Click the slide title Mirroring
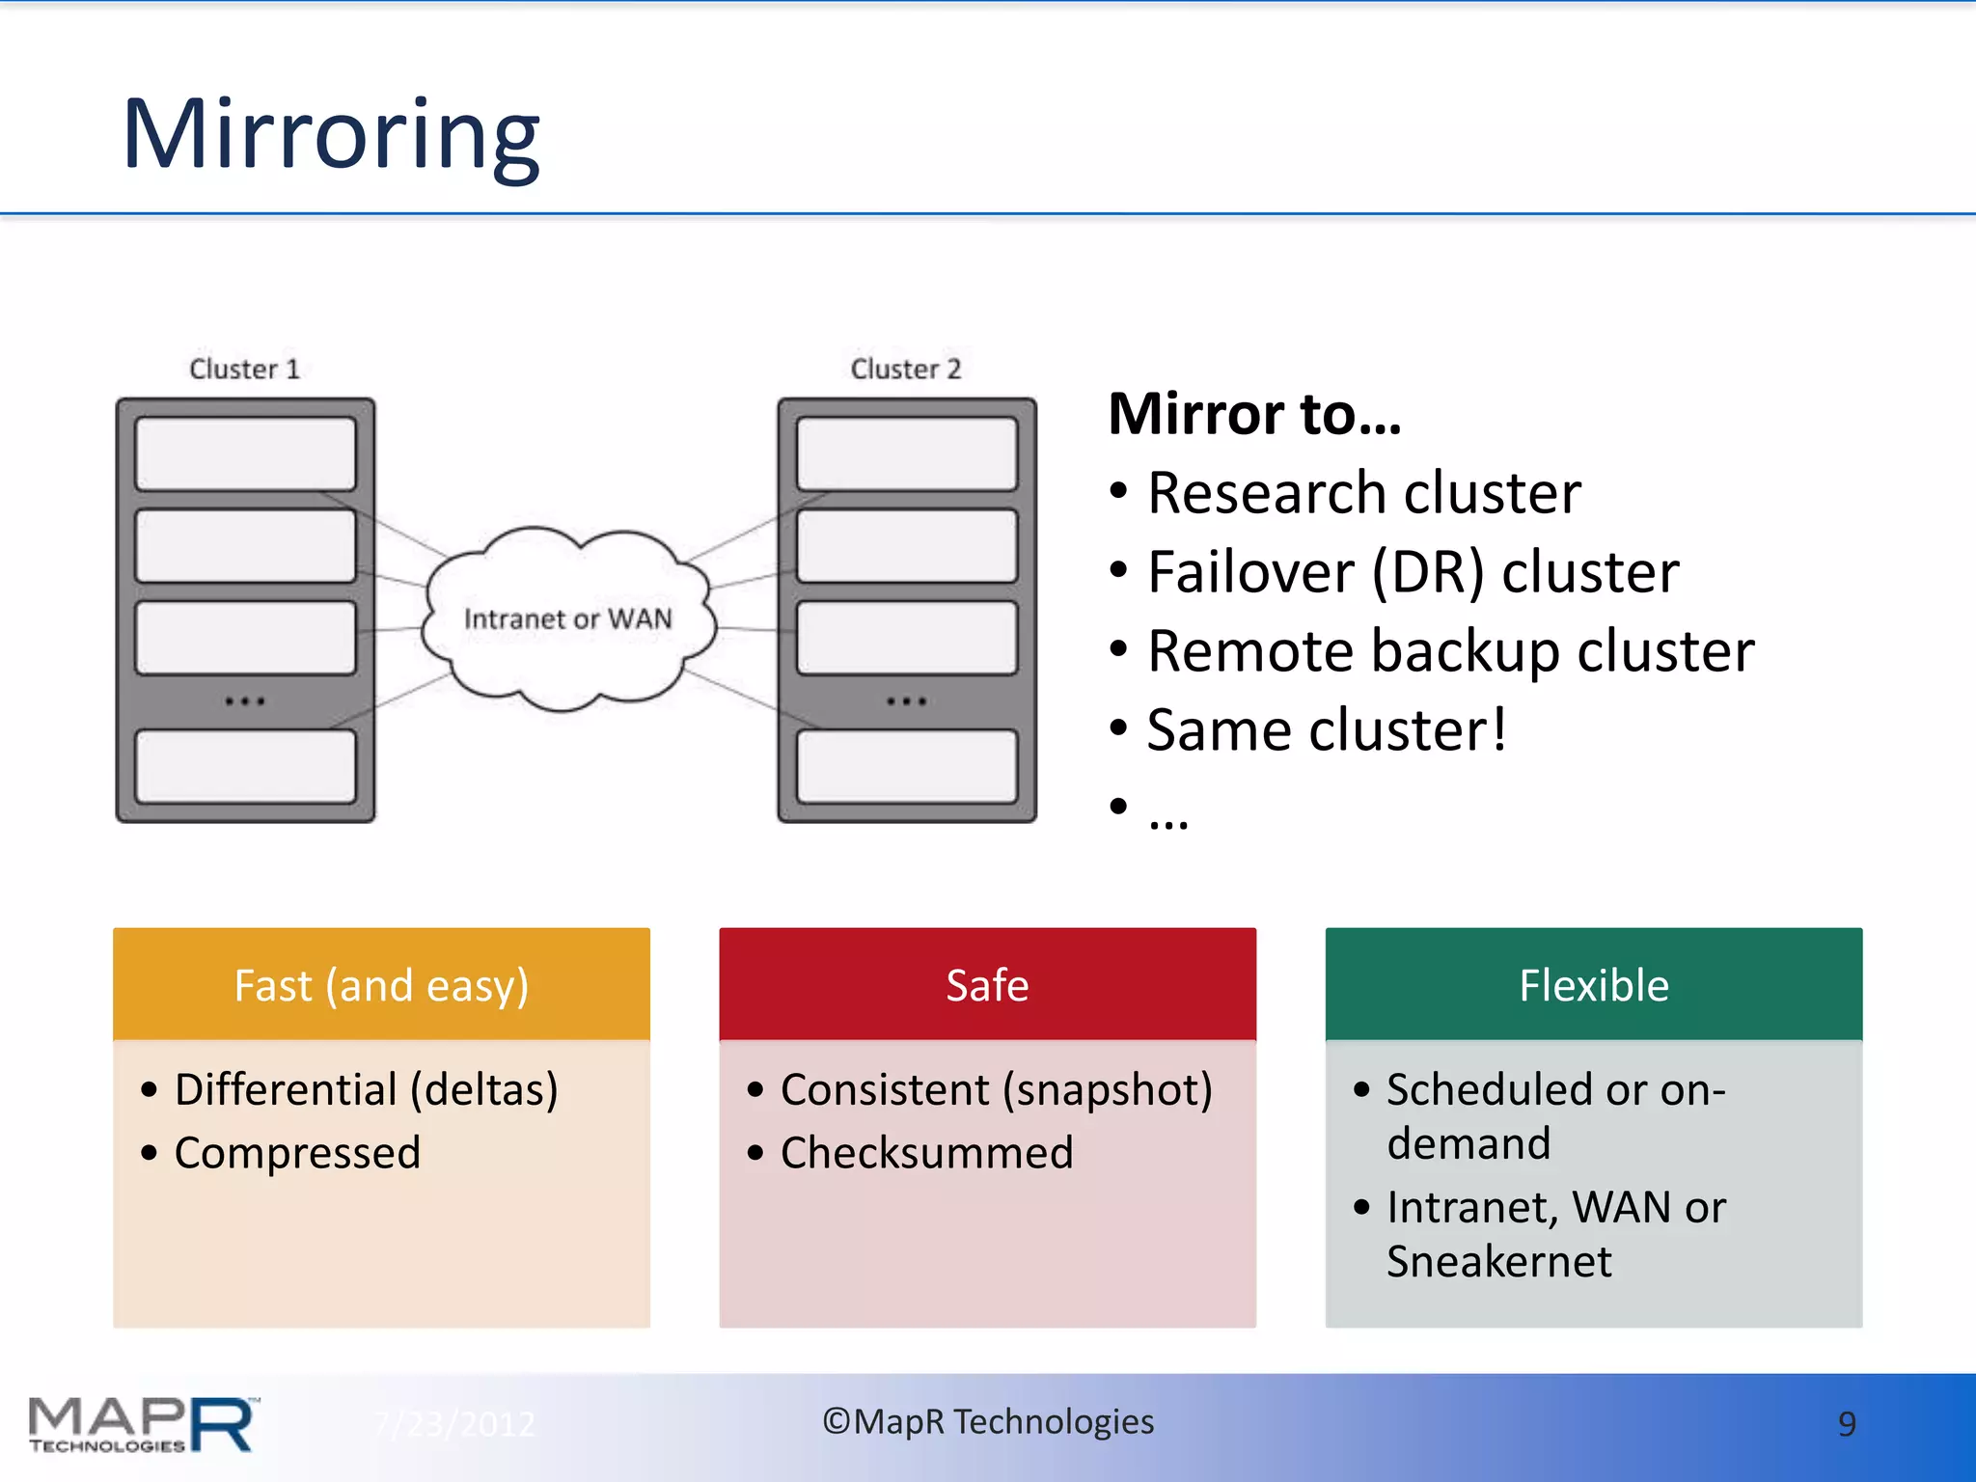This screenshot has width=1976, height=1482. click(330, 135)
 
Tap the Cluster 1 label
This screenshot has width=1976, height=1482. click(244, 369)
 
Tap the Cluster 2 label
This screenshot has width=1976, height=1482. click(905, 369)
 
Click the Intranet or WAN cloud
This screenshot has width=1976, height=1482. click(567, 618)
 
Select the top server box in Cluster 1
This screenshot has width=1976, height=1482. click(245, 453)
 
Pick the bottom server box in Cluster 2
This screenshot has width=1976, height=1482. click(906, 766)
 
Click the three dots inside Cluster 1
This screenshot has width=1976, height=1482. click(245, 701)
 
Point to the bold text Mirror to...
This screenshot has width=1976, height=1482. click(1253, 414)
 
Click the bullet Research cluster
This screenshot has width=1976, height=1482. click(1362, 493)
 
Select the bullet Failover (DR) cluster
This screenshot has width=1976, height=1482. click(1412, 572)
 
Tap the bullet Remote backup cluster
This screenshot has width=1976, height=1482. click(1449, 651)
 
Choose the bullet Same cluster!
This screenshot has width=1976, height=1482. click(1326, 730)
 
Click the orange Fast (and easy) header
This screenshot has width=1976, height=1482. click(381, 985)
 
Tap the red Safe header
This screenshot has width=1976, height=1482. click(987, 985)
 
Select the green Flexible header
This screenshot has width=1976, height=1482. click(1593, 985)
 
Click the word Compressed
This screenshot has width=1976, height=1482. click(297, 1153)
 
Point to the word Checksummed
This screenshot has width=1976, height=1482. click(926, 1153)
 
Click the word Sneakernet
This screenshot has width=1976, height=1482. click(1498, 1262)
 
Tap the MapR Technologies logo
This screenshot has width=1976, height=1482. click(142, 1424)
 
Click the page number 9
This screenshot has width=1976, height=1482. click(1846, 1424)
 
